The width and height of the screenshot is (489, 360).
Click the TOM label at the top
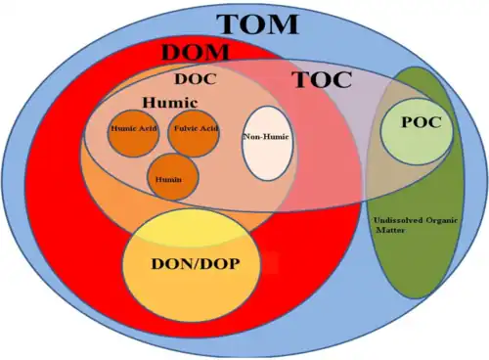[257, 23]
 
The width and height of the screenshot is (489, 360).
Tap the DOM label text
[196, 52]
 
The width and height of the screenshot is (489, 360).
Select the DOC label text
[196, 79]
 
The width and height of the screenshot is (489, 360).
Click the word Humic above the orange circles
[170, 103]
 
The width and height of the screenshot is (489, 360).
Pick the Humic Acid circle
[134, 134]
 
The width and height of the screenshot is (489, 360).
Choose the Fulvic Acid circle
[194, 134]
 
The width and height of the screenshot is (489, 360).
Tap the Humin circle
[173, 177]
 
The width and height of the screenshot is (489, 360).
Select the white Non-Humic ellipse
[267, 143]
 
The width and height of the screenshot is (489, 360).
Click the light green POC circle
[417, 131]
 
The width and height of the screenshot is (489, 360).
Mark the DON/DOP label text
[196, 264]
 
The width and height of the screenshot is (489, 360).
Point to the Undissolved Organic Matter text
[416, 225]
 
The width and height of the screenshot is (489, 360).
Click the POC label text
[422, 122]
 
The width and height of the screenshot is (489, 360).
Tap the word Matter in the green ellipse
[390, 230]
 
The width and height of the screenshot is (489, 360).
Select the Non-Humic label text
[267, 137]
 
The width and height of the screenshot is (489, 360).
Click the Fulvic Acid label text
[196, 128]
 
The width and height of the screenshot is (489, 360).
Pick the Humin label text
[168, 180]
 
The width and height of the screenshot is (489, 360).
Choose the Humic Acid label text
[134, 128]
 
